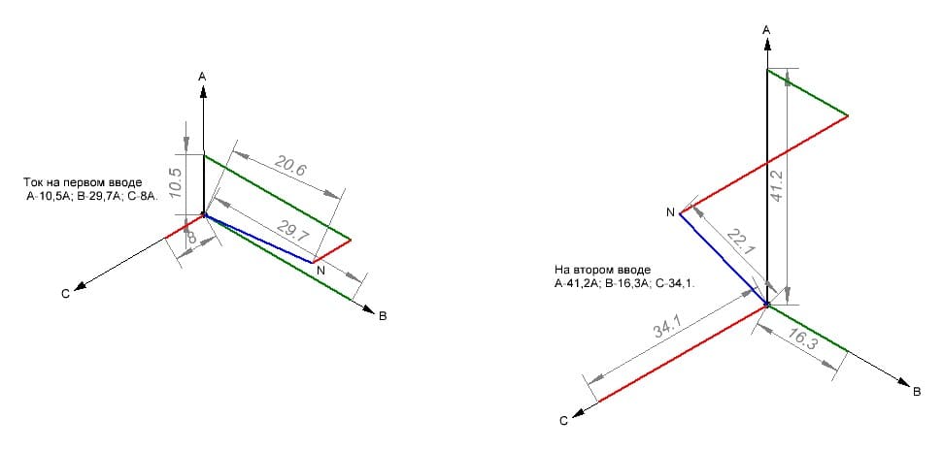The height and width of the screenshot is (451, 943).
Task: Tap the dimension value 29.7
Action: point(291,231)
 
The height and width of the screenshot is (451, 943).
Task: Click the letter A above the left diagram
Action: point(203,77)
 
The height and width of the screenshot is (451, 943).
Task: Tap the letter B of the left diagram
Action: point(383,316)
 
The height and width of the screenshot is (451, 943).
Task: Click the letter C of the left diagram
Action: point(65,293)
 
